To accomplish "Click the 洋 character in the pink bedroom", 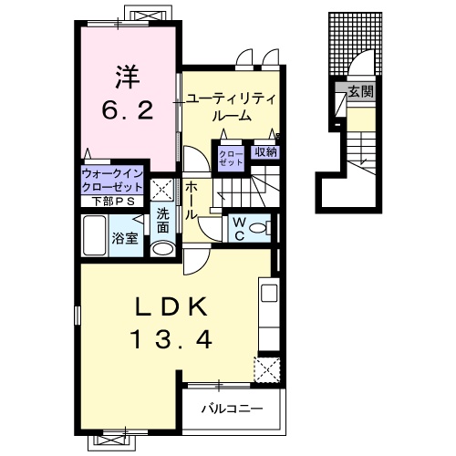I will point(126,76).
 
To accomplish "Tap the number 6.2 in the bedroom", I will point(126,112).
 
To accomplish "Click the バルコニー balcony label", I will point(232,407).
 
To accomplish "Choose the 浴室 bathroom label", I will point(124,237).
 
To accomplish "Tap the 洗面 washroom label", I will point(162,220).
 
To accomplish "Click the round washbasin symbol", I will point(162,247).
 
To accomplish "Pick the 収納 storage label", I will point(265,152).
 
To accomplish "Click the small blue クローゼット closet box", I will point(228,158).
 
